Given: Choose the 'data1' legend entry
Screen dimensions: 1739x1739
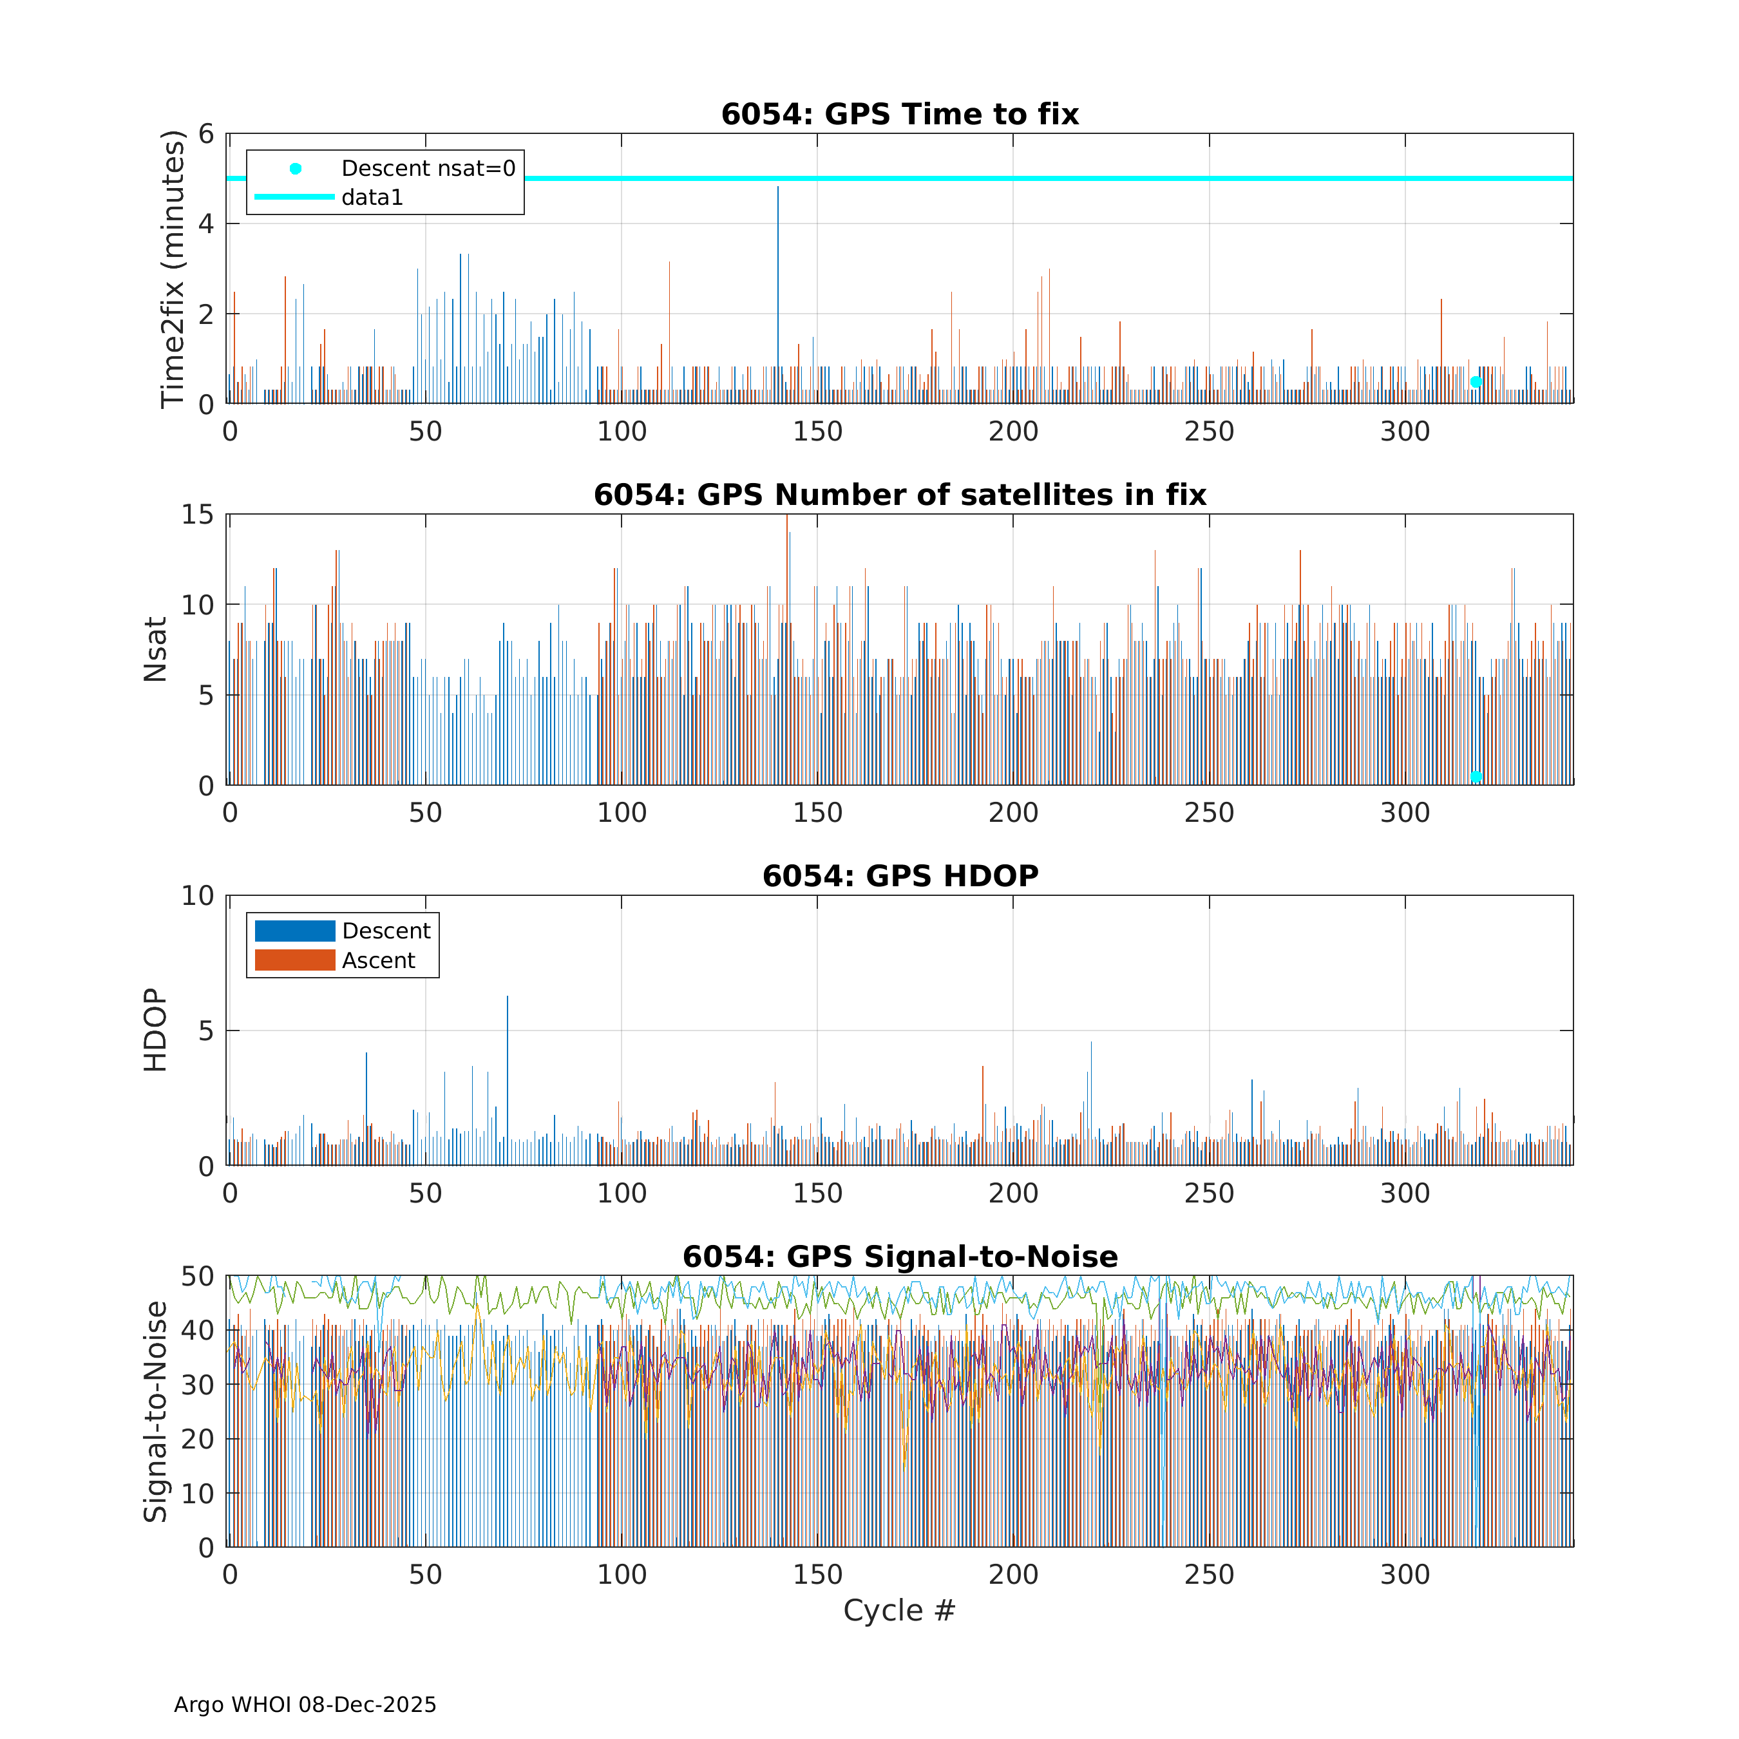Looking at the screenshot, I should [372, 197].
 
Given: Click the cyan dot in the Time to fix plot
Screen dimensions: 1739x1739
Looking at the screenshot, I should [1476, 383].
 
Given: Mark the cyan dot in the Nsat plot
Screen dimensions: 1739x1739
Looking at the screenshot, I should [1476, 777].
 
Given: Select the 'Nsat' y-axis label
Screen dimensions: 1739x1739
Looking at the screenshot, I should [156, 650].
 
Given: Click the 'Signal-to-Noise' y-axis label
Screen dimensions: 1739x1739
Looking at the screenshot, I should [156, 1411].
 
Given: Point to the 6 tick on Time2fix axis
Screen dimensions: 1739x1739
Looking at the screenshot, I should [206, 134].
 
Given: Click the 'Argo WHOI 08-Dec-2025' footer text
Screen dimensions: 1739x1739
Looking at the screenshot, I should [305, 1705].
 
